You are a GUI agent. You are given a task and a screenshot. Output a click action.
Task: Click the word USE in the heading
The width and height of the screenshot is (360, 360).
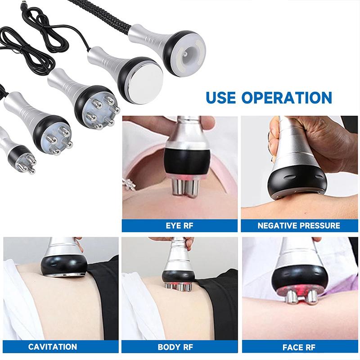coord(220,98)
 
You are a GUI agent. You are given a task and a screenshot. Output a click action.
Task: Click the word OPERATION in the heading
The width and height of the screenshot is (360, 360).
coord(287,98)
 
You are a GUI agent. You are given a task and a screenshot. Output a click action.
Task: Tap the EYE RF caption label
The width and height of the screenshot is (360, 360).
coord(180,226)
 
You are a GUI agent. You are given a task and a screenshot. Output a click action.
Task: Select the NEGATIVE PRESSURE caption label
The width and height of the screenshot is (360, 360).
coord(299,226)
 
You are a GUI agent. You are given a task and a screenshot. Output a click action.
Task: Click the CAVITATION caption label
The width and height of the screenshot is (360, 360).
coord(53,346)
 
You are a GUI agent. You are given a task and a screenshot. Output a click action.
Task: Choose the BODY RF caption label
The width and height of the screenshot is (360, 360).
coord(175,347)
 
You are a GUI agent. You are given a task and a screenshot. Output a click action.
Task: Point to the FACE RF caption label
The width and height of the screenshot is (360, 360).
coord(299,347)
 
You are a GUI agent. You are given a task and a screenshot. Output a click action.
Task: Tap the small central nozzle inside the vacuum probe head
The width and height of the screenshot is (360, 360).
coord(185,54)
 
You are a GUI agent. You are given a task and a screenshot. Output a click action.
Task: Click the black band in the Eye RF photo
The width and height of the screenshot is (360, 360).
coord(187,161)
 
